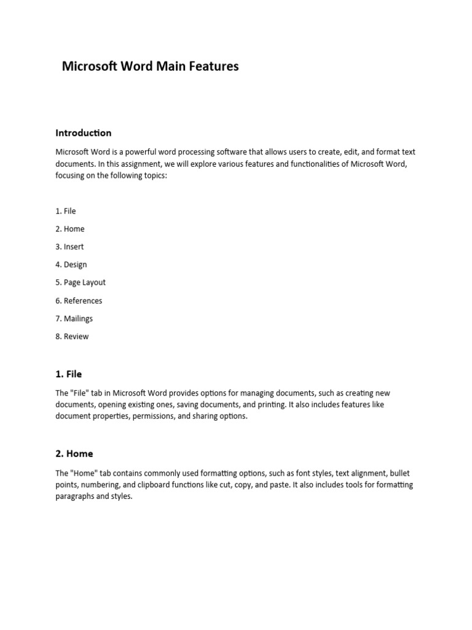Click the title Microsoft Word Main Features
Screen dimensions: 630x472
[150, 66]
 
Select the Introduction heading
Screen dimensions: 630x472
[84, 133]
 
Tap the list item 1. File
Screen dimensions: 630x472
[66, 211]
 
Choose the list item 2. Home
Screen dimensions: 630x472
[70, 229]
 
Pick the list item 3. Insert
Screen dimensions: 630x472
[69, 247]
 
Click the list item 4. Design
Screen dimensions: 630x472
[71, 265]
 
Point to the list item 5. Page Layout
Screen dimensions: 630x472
[81, 282]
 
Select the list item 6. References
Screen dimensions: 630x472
[79, 301]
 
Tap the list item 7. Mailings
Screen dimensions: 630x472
[74, 319]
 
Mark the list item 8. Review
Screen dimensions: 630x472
[72, 337]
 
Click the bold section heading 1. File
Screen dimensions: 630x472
[68, 374]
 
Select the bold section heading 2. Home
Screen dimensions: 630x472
[74, 454]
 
